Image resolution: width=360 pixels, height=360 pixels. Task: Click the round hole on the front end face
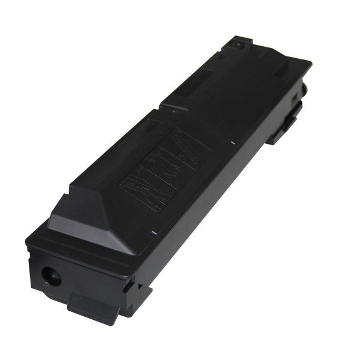pos(50,276)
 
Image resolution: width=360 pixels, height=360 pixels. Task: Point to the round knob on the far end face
pos(305,88)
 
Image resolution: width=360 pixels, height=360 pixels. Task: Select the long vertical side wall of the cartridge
pos(210,198)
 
